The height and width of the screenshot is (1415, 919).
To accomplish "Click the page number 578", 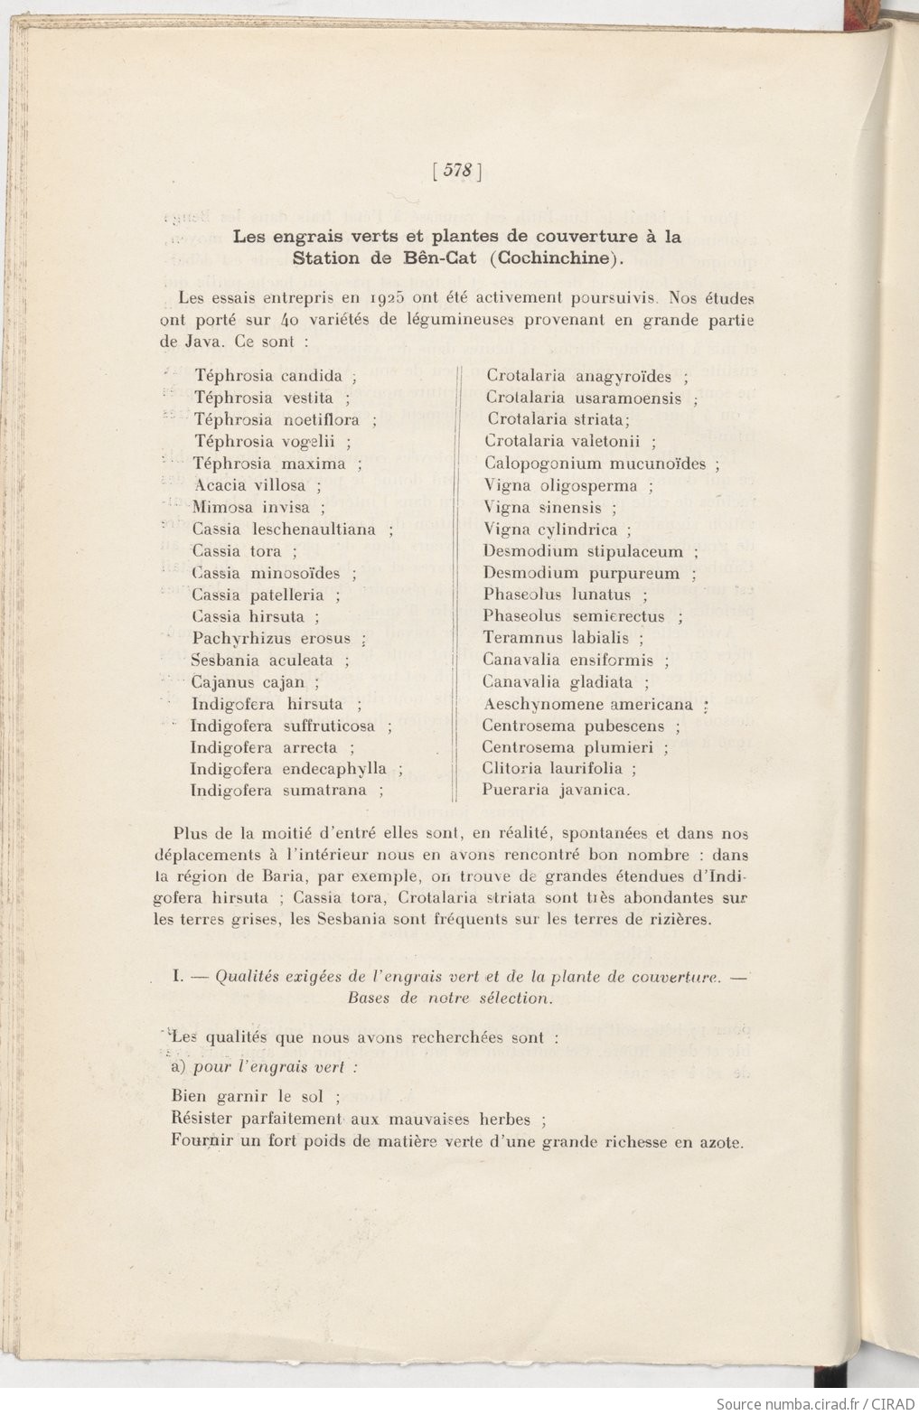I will (x=458, y=171).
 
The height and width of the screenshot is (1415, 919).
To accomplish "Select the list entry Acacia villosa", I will (x=249, y=485).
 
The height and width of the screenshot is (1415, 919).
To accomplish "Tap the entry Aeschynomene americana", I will (x=588, y=704).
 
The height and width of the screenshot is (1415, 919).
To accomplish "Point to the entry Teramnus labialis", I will (x=556, y=638).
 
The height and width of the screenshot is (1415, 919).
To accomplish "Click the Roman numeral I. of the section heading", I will (x=179, y=977).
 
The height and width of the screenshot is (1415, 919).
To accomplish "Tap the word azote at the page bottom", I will (x=721, y=1141).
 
